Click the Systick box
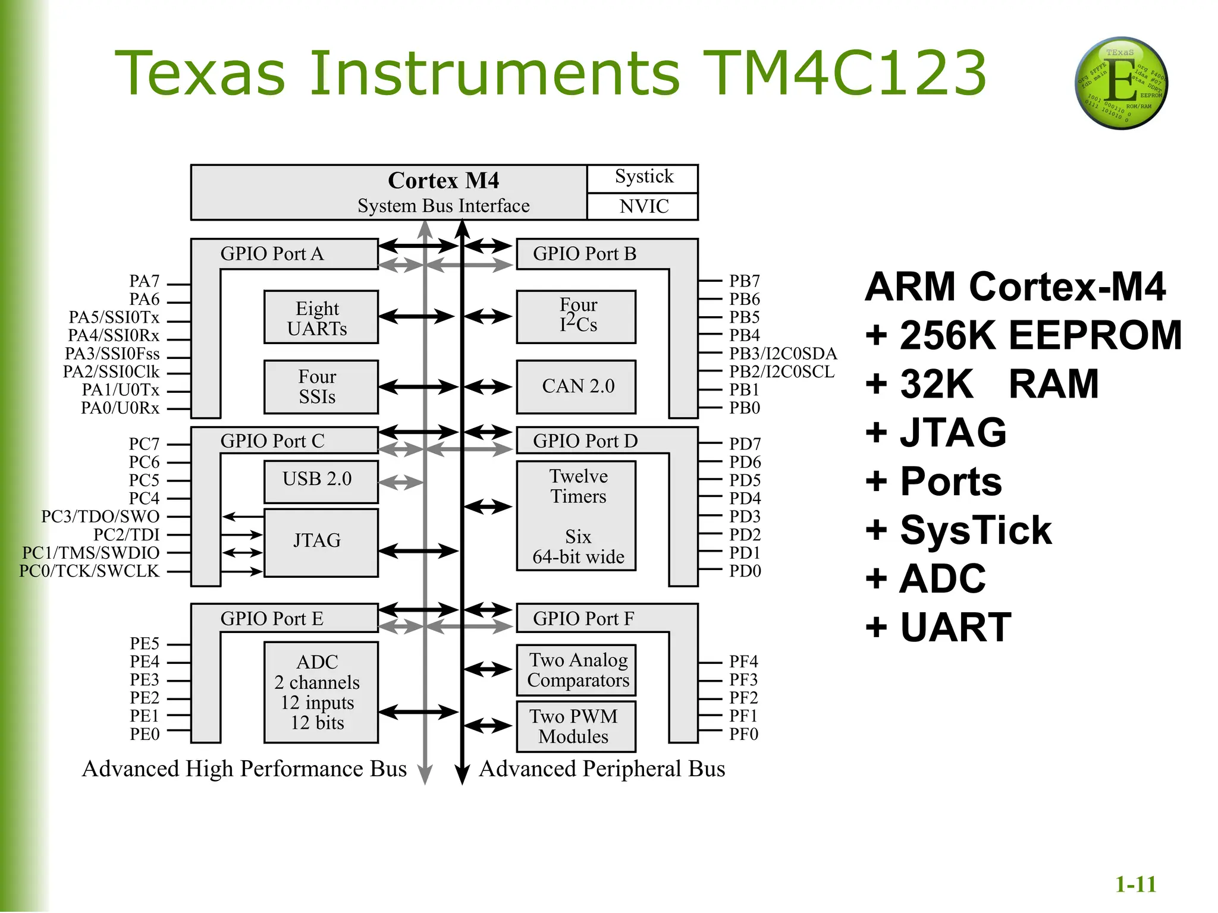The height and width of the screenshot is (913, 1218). point(643,178)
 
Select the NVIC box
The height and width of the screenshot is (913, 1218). point(643,206)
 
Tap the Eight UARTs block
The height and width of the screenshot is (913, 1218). point(321,317)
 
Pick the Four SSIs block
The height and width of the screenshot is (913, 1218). point(321,386)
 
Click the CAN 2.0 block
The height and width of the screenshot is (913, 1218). point(576,386)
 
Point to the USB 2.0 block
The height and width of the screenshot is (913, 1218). point(321,480)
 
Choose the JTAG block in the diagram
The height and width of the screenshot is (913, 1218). point(321,541)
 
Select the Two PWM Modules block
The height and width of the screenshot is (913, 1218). point(576,726)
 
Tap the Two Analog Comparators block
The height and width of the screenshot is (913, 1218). point(576,670)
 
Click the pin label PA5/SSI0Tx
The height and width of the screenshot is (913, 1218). point(114,317)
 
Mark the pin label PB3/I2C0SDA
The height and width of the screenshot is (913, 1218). point(783,354)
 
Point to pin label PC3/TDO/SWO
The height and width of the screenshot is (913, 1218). point(100,517)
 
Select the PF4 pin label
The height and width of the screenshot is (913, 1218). point(743,662)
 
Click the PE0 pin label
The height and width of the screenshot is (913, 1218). point(145,734)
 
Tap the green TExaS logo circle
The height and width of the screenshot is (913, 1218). point(1120,83)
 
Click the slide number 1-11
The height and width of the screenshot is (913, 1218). point(1135,884)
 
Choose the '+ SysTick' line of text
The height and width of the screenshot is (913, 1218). point(959,530)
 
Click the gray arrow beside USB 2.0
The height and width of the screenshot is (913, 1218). point(400,482)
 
